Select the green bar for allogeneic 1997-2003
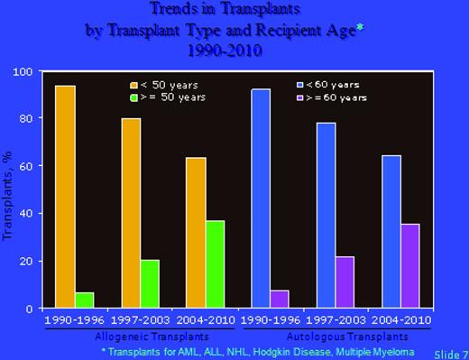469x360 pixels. [x=150, y=284]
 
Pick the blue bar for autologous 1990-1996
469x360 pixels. [x=261, y=198]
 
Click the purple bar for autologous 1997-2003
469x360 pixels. [x=345, y=282]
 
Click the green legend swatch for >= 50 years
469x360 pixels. [x=133, y=97]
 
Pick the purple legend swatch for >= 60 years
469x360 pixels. [x=300, y=97]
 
